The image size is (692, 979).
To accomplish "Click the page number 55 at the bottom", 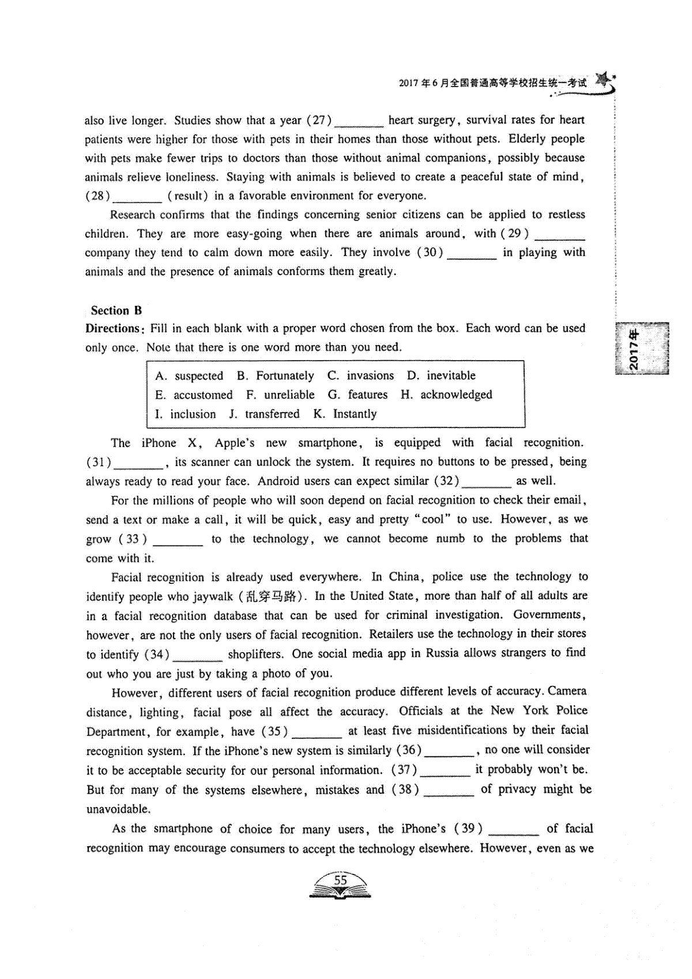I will coord(340,880).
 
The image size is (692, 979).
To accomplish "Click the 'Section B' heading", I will coord(116,310).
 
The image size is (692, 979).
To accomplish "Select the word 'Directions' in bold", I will coord(113,329).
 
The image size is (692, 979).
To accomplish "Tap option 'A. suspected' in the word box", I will coord(189,376).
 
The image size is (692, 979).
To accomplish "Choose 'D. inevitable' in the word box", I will coord(441,376).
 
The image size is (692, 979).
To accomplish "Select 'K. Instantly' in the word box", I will coord(345,414).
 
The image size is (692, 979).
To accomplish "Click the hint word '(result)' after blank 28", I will coord(188,196).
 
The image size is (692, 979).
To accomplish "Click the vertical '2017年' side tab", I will coord(634,349).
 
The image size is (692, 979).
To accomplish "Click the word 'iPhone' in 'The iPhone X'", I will coord(159,443).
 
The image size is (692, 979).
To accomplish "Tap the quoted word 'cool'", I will coord(432,519).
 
